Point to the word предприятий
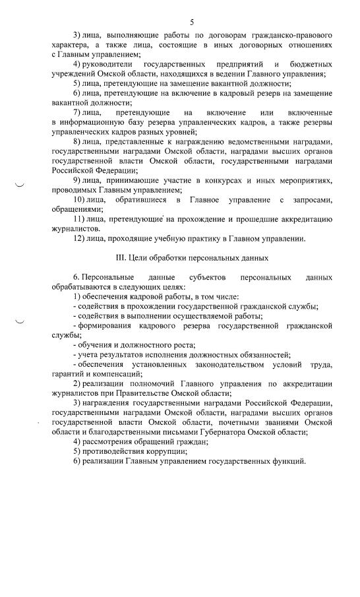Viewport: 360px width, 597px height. click(237, 64)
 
